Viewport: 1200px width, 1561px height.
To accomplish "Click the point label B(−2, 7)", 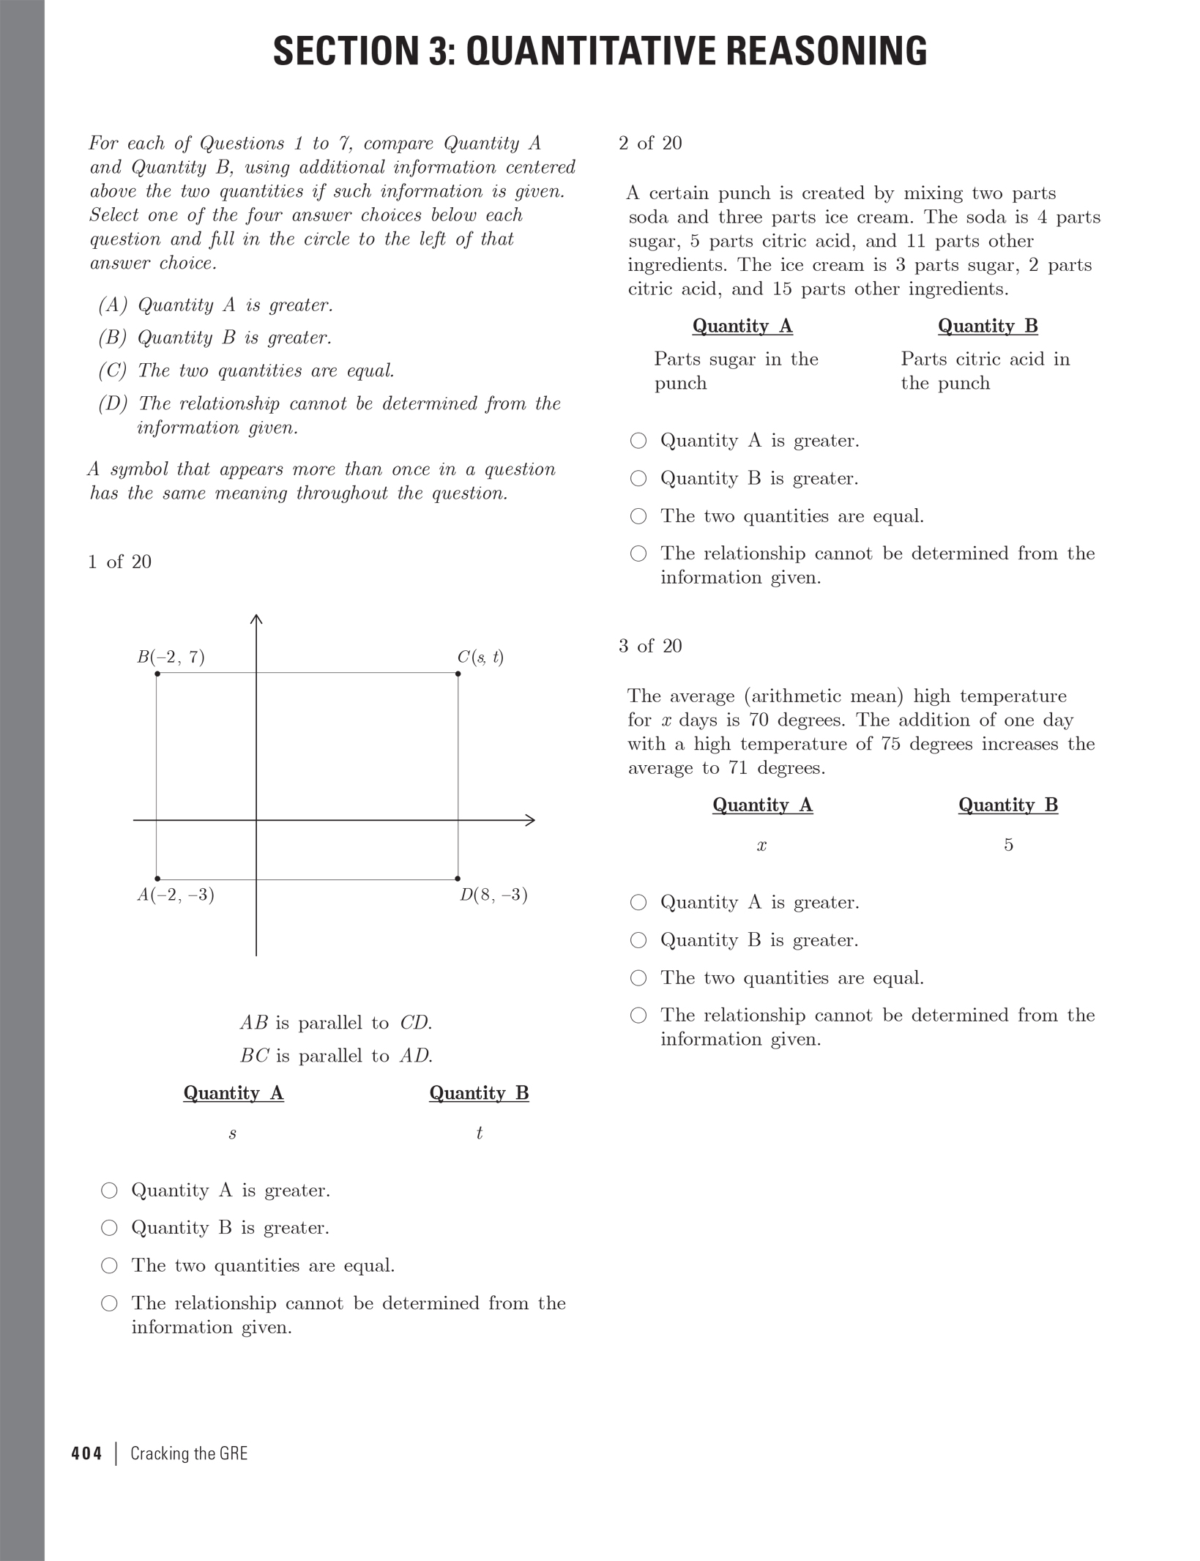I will pos(171,657).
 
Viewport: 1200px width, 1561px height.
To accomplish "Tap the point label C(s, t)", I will pos(480,657).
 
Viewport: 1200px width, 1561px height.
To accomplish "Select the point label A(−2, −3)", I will pos(176,895).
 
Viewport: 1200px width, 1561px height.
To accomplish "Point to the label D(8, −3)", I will pos(493,895).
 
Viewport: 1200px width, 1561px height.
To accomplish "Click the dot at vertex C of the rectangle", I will pos(458,674).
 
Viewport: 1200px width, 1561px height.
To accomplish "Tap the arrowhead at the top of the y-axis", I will pos(256,619).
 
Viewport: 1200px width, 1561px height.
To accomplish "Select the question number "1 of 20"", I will pos(119,562).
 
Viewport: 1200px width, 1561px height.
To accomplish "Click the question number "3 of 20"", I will pos(650,646).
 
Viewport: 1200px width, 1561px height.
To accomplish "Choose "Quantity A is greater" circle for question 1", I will pos(109,1191).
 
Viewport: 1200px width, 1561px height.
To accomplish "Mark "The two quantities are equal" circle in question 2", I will pos(638,516).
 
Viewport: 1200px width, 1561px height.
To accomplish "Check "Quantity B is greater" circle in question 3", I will pos(638,940).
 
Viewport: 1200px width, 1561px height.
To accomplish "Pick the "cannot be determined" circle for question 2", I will pos(638,554).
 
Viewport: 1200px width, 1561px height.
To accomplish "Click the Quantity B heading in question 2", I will pos(988,326).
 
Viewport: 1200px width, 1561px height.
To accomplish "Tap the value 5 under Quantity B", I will pos(1008,845).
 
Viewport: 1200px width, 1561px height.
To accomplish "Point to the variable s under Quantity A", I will pos(233,1134).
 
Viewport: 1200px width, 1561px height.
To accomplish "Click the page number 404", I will pos(87,1453).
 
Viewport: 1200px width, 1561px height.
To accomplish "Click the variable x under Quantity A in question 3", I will pos(761,846).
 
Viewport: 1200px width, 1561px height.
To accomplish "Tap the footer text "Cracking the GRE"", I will pos(189,1453).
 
